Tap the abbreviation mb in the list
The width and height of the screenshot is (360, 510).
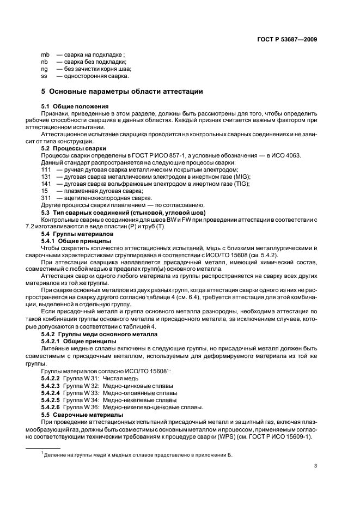click(45, 54)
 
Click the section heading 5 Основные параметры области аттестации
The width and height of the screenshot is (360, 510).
click(122, 91)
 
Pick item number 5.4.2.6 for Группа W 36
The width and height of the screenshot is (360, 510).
click(51, 406)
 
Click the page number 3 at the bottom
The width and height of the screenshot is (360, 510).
click(315, 465)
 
